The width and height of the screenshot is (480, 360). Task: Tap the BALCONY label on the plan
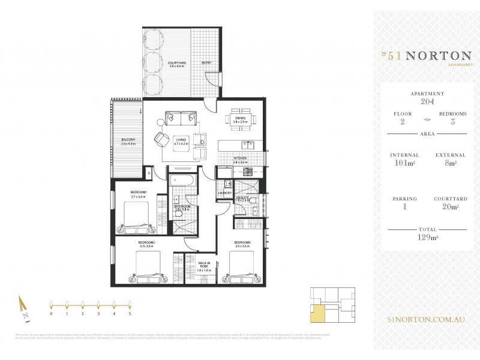coord(128,142)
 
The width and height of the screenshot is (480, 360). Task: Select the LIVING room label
coord(181,142)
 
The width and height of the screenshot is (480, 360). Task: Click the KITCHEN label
coord(240,161)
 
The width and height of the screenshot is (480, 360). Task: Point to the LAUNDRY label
coord(225,193)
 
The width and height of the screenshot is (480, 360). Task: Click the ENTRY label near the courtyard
coord(206,62)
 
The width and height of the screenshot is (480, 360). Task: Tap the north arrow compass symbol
coord(21,307)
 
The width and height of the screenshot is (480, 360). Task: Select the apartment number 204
coord(427,102)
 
